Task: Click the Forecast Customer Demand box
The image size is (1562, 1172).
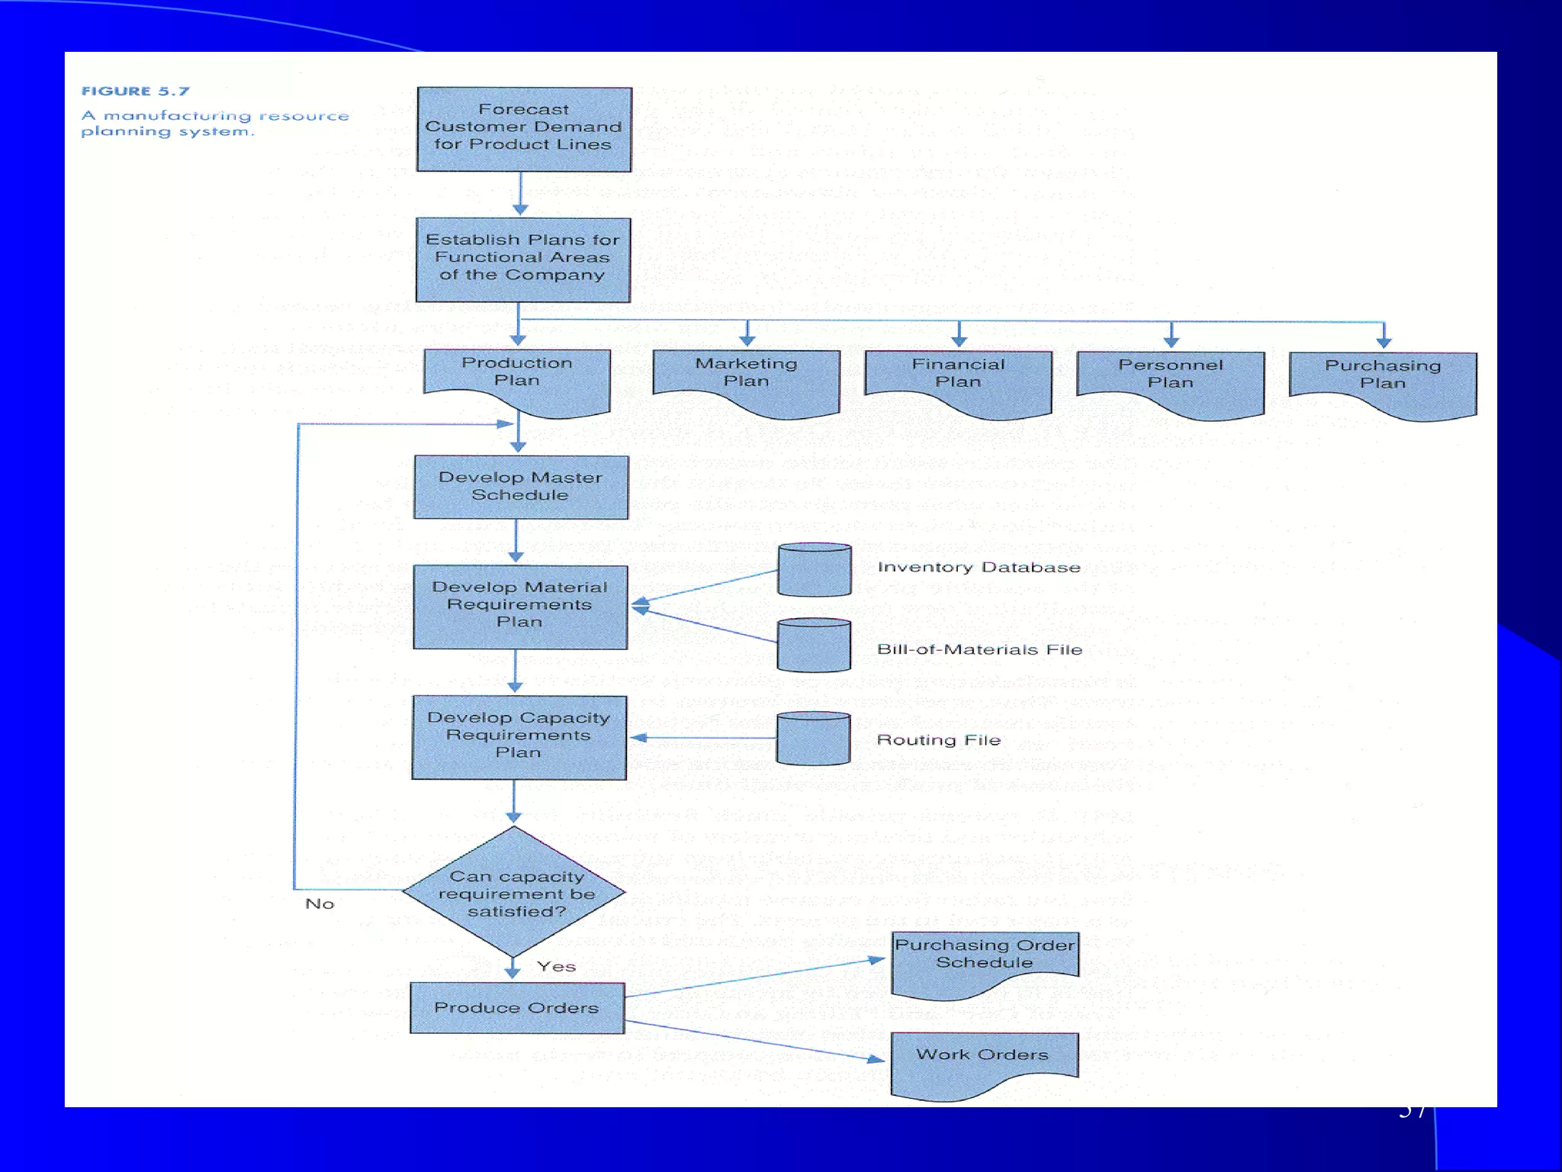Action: (x=524, y=129)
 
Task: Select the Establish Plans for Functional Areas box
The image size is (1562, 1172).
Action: (x=523, y=259)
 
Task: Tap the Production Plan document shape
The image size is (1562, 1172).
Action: (x=517, y=378)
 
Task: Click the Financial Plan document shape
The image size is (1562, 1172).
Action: (x=958, y=380)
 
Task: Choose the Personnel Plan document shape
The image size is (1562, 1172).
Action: (x=1170, y=381)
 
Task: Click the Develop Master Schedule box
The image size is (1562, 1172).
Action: (x=521, y=487)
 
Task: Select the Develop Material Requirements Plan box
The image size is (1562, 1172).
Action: (x=520, y=607)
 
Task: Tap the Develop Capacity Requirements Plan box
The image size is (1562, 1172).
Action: (x=519, y=737)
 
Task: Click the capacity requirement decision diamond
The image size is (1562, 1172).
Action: (x=515, y=892)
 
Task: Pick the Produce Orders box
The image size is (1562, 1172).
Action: (x=517, y=1007)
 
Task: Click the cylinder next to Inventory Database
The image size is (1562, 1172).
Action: (x=815, y=570)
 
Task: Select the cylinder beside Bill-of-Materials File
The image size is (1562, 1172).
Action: (x=814, y=646)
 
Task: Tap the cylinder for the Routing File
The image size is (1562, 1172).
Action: (x=813, y=739)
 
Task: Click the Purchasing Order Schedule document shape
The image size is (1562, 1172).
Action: (x=984, y=960)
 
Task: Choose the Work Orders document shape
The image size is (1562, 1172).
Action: (x=984, y=1061)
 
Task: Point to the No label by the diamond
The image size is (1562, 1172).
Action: (x=320, y=903)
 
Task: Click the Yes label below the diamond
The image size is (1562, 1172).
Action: (x=556, y=966)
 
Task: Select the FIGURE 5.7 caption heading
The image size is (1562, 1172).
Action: (x=135, y=91)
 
